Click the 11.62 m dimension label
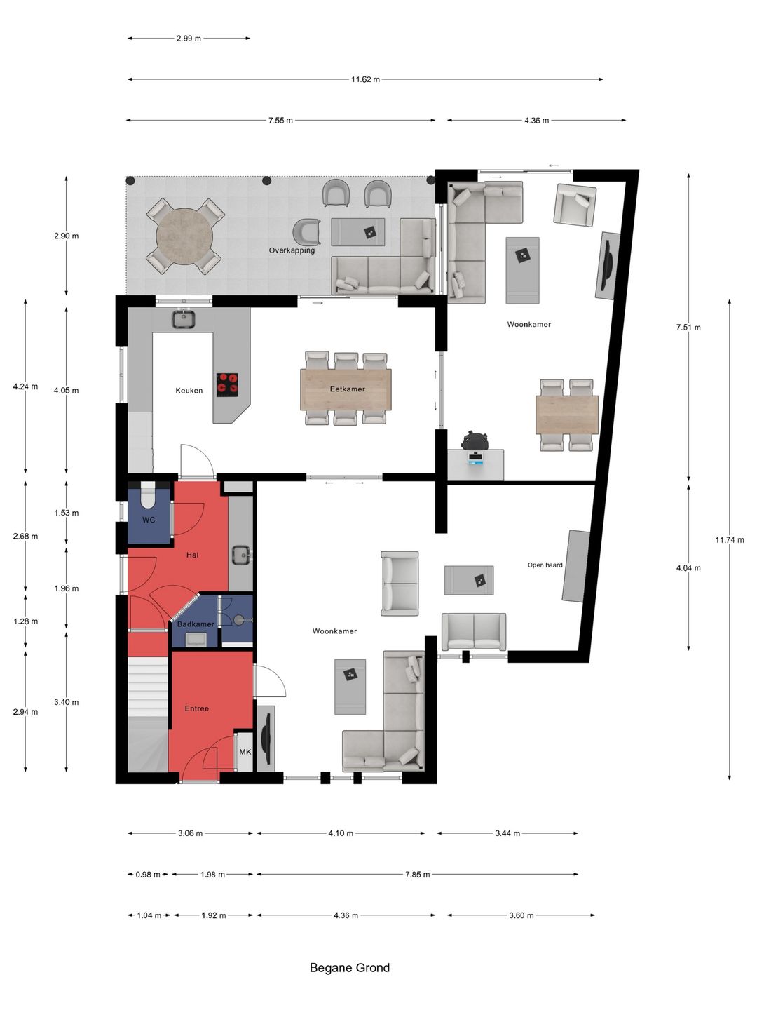point(365,79)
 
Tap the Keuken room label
point(189,390)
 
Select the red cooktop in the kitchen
point(228,384)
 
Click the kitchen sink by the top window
point(184,319)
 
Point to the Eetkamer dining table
point(346,389)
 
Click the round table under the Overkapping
point(184,236)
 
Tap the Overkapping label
point(292,250)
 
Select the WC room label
point(149,520)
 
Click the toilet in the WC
point(149,494)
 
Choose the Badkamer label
point(196,624)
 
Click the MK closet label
point(245,751)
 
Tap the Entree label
point(197,708)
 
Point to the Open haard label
point(545,565)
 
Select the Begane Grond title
point(350,968)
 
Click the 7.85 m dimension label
point(417,874)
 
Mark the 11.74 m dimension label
point(730,540)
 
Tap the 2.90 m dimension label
point(66,236)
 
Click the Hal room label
point(193,555)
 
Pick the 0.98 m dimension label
point(147,874)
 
